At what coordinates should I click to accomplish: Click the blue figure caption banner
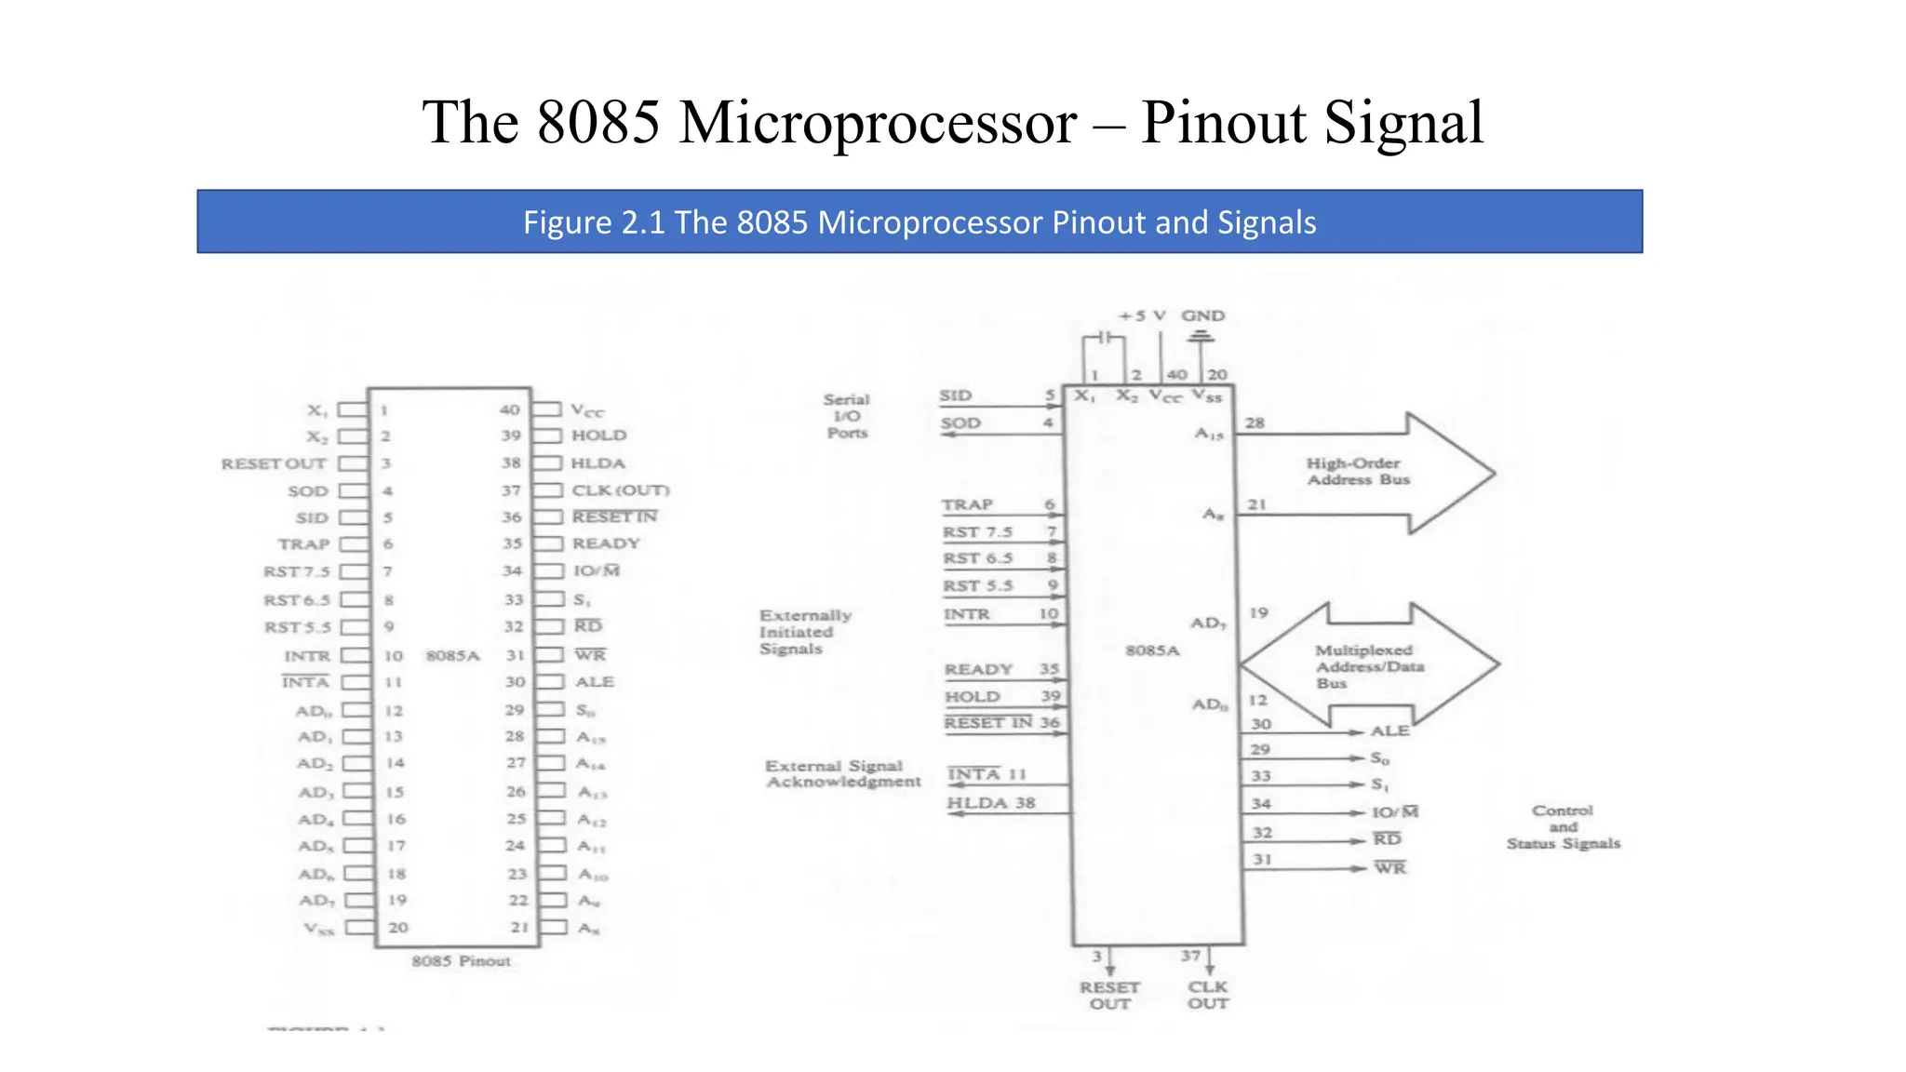click(919, 221)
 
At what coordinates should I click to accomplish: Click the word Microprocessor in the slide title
click(878, 122)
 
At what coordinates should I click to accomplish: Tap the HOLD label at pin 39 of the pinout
click(598, 435)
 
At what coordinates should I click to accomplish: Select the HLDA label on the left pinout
click(597, 463)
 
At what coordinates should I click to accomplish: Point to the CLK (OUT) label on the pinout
click(620, 490)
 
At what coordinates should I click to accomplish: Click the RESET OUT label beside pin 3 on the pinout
click(274, 463)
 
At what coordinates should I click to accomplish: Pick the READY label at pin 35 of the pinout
click(606, 543)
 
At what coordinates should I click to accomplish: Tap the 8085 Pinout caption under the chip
click(462, 961)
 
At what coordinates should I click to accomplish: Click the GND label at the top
click(1202, 316)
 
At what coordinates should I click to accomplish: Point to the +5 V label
click(1142, 316)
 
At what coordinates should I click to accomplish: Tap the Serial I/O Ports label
click(847, 416)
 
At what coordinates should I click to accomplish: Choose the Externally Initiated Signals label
click(805, 632)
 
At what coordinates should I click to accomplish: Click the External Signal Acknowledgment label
click(842, 774)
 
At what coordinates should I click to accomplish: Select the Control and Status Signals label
click(1564, 827)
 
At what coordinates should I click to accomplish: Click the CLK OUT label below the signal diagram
click(1208, 995)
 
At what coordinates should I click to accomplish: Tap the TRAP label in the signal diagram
click(967, 504)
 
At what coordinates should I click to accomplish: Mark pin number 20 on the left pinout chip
click(398, 928)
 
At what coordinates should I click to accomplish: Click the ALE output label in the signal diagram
click(1389, 731)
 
